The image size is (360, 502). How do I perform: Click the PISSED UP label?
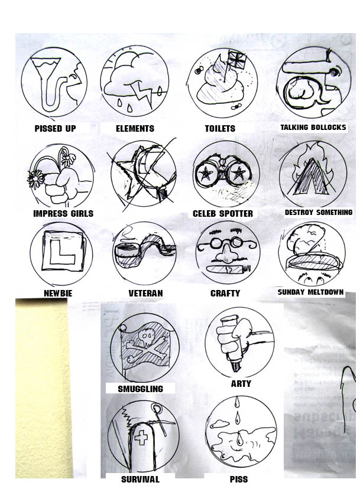pyautogui.click(x=55, y=128)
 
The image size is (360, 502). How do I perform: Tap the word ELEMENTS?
pyautogui.click(x=135, y=128)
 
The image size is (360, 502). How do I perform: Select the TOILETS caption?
pyautogui.click(x=220, y=128)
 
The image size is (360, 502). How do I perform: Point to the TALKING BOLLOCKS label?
pyautogui.click(x=313, y=127)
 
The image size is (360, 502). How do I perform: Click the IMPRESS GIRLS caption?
pyautogui.click(x=64, y=213)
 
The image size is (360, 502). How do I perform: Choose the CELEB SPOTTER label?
pyautogui.click(x=223, y=213)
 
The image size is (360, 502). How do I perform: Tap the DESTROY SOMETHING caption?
pyautogui.click(x=318, y=212)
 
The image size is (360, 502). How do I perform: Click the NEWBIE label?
pyautogui.click(x=59, y=293)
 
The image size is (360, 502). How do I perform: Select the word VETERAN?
pyautogui.click(x=145, y=293)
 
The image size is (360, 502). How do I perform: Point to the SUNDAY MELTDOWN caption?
pyautogui.click(x=310, y=292)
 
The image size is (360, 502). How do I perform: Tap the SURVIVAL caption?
pyautogui.click(x=140, y=479)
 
